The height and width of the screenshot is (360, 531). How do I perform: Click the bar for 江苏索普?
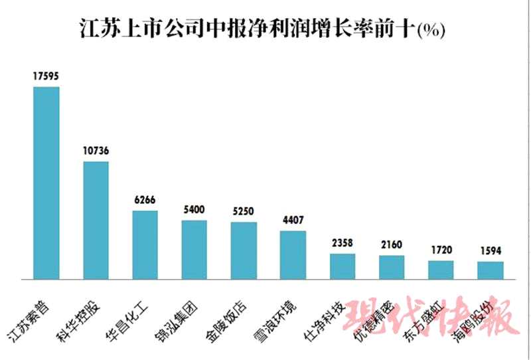click(46, 183)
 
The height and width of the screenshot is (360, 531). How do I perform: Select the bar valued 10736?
click(96, 220)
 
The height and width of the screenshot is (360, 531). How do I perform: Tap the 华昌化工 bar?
click(145, 244)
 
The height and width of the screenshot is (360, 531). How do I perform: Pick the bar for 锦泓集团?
click(194, 249)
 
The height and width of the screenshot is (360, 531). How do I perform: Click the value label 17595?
click(46, 76)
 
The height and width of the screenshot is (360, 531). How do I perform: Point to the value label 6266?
click(145, 200)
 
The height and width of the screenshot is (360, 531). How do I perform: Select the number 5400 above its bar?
click(194, 210)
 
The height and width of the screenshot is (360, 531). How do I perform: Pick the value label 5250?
click(244, 211)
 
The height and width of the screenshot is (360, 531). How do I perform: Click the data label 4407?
click(293, 221)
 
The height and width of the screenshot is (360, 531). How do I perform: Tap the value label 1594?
click(491, 251)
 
